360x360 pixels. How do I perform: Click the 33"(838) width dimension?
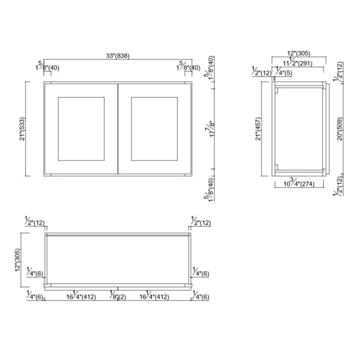pyautogui.click(x=118, y=56)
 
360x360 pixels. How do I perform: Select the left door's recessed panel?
pyautogui.click(x=81, y=129)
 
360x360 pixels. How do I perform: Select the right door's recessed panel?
pyautogui.click(x=154, y=129)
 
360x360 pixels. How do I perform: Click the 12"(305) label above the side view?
pyautogui.click(x=299, y=53)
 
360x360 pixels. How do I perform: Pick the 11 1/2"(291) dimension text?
pyautogui.click(x=298, y=63)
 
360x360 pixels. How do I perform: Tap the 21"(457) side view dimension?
pyautogui.click(x=258, y=129)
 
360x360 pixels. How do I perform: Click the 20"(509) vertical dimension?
pyautogui.click(x=340, y=129)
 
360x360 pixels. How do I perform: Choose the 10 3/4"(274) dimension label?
pyautogui.click(x=299, y=184)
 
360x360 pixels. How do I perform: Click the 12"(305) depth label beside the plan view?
pyautogui.click(x=18, y=260)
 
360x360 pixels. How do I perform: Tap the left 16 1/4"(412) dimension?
pyautogui.click(x=81, y=297)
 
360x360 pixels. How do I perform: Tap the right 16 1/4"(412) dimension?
pyautogui.click(x=154, y=297)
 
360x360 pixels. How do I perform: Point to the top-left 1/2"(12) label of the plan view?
pyautogui.click(x=35, y=222)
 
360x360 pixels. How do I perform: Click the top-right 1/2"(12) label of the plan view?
pyautogui.click(x=200, y=222)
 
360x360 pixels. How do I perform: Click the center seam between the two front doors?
pyautogui.click(x=118, y=129)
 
